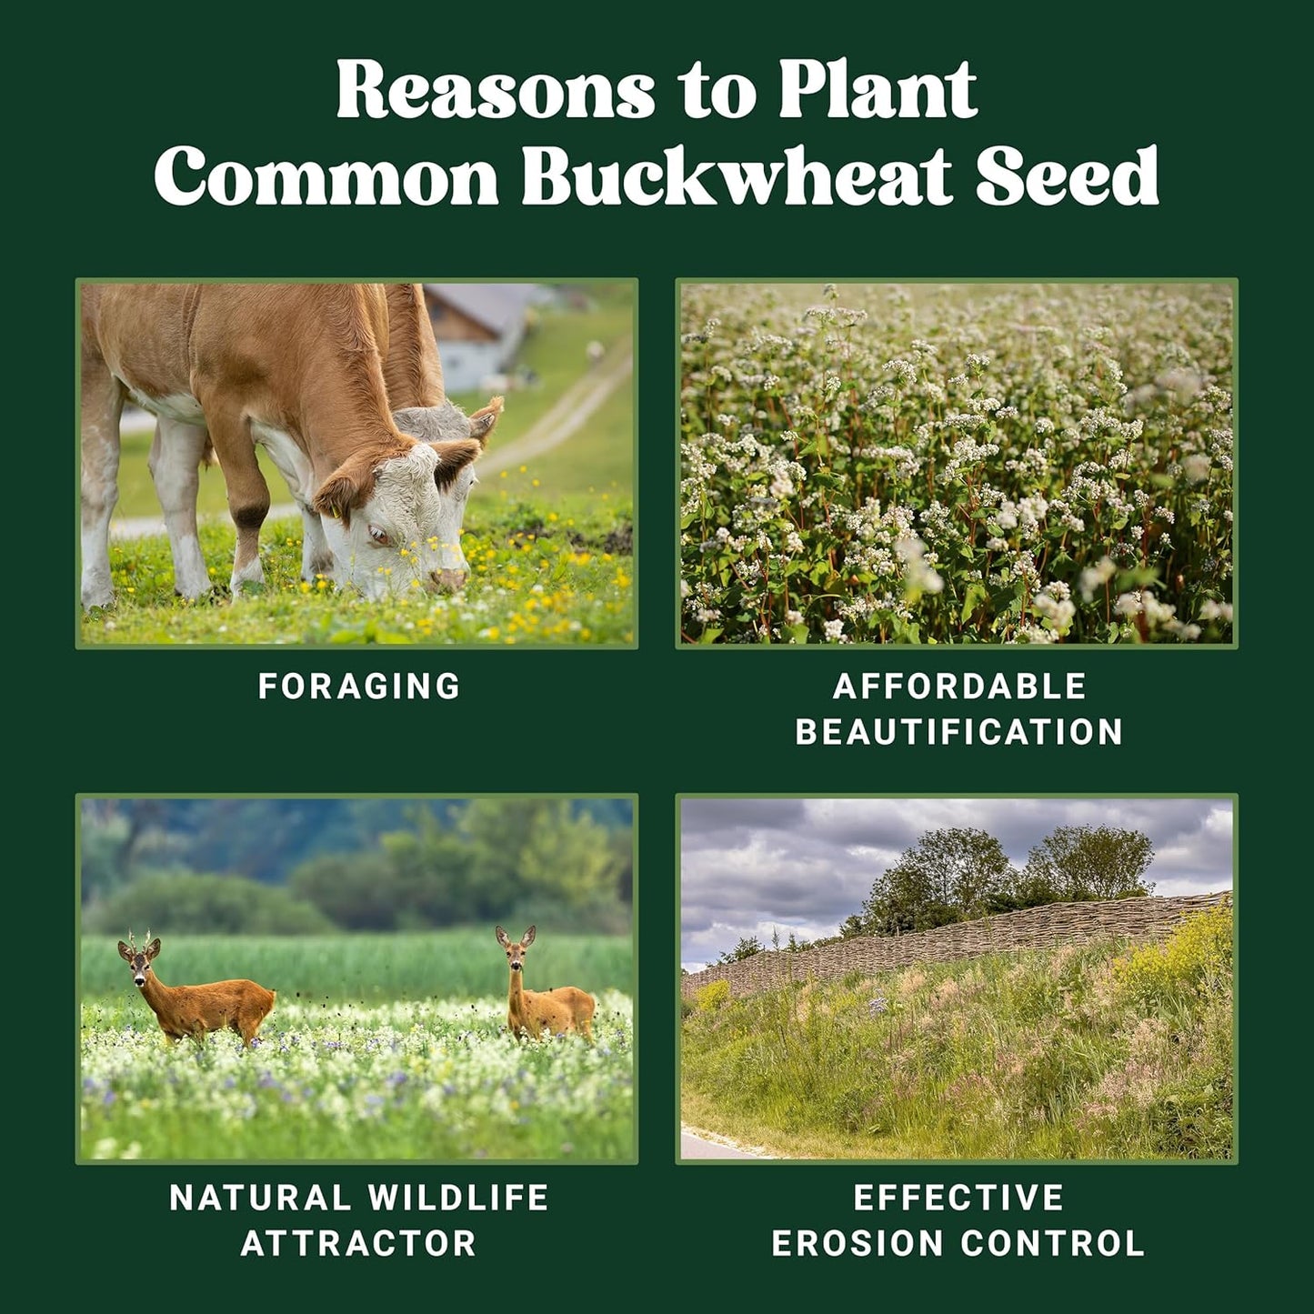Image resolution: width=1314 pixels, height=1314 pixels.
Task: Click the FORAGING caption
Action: coord(359,687)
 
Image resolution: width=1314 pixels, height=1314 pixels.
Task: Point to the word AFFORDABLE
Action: coord(959,687)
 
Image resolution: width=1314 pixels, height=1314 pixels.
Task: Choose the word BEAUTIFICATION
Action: coord(959,732)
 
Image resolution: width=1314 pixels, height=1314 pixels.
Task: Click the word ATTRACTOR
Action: coord(359,1243)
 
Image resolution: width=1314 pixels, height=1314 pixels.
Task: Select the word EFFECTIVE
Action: coord(958,1198)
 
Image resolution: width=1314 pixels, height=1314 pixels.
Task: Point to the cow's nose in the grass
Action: coord(447,579)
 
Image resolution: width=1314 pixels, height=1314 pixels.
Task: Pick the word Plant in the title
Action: coord(878,91)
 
